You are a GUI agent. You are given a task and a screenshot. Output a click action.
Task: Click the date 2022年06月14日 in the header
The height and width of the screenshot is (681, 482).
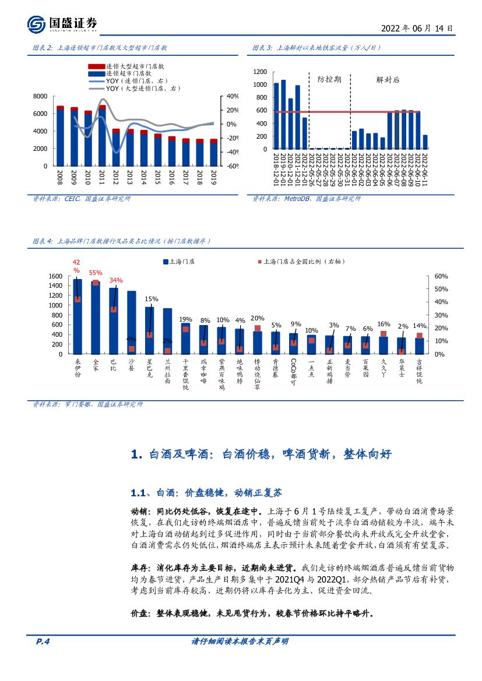coord(416,28)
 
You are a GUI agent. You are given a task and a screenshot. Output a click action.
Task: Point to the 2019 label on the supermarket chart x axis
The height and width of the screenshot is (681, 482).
coord(213,178)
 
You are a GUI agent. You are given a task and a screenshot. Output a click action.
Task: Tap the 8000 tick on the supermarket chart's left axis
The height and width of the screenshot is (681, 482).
coord(40,96)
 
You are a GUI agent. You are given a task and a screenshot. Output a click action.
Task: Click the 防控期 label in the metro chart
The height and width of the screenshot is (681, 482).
coord(329,79)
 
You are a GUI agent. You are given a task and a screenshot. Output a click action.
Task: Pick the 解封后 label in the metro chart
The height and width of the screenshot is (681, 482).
coord(388,79)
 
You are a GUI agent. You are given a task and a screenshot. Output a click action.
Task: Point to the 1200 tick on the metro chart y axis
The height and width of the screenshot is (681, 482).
coord(261,72)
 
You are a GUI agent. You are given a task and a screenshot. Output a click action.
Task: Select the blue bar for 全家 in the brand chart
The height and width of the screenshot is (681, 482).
coord(96,317)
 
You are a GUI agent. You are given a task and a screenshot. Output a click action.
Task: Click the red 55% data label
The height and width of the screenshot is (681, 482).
coord(96,273)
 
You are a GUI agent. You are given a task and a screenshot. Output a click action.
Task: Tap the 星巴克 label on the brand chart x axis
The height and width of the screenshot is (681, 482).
coord(150,371)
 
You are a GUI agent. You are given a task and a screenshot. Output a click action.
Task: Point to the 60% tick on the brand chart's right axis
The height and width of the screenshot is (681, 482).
coord(441,276)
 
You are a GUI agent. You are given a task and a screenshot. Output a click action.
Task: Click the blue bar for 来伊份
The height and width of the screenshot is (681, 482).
coord(78,317)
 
